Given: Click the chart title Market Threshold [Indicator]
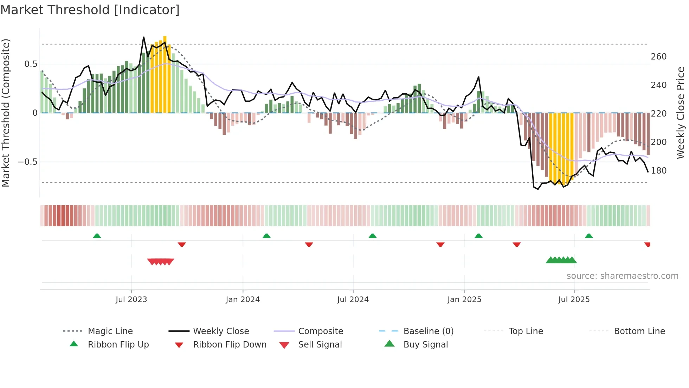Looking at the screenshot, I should [90, 10].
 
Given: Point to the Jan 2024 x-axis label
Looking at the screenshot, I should [243, 300].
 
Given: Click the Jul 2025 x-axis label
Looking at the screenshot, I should [574, 300].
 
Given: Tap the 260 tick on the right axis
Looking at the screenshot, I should [658, 57].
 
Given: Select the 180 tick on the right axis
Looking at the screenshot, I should [658, 171].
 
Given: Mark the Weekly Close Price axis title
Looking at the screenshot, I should [681, 113].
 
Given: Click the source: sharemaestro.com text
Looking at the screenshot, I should [622, 276].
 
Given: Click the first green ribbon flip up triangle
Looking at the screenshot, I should [97, 236].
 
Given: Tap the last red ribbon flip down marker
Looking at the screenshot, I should [647, 244].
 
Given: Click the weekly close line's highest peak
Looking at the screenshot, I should [144, 37].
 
